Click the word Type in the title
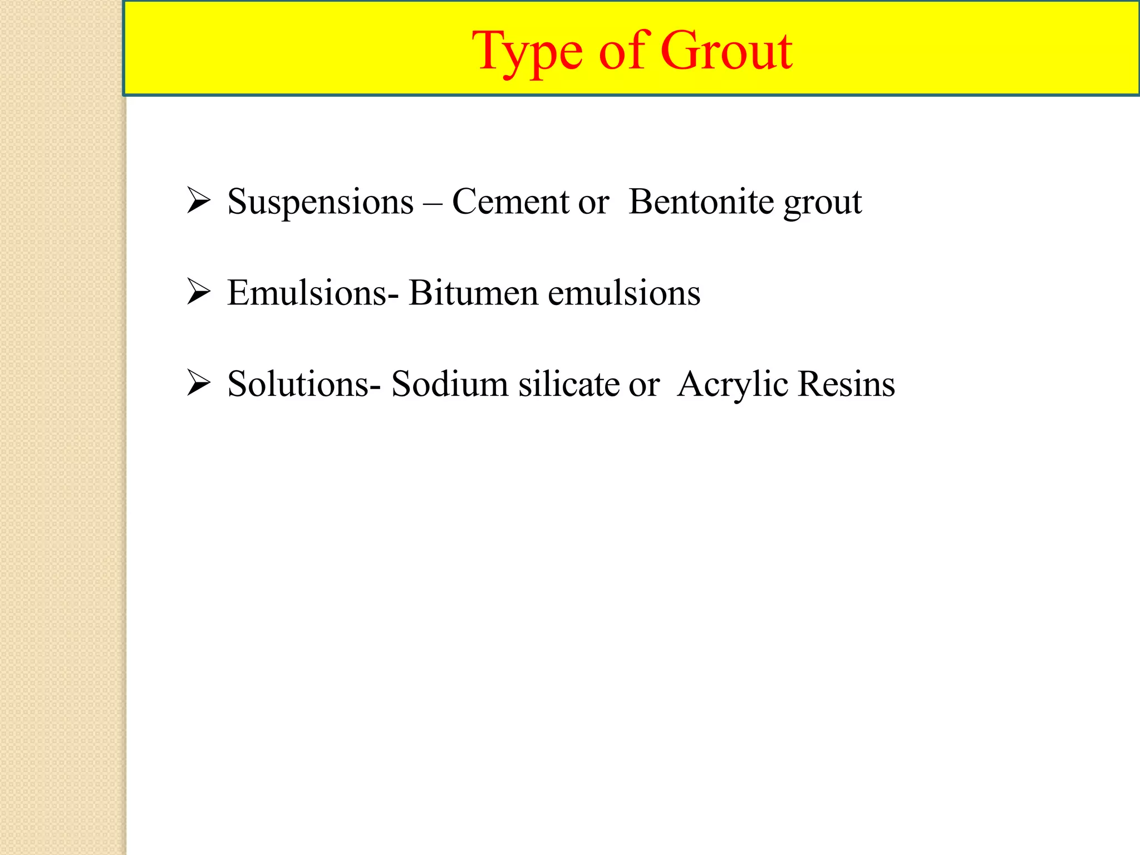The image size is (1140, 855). click(529, 52)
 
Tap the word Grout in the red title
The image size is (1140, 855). click(726, 51)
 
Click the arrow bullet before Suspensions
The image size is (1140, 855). click(198, 201)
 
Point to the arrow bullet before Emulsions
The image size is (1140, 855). click(198, 292)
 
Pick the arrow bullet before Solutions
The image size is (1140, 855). click(198, 383)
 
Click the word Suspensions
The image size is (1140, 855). click(321, 202)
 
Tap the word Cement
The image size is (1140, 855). click(510, 202)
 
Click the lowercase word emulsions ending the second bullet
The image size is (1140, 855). click(624, 293)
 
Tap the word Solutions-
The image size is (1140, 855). click(304, 384)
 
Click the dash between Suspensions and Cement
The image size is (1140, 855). click(433, 203)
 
